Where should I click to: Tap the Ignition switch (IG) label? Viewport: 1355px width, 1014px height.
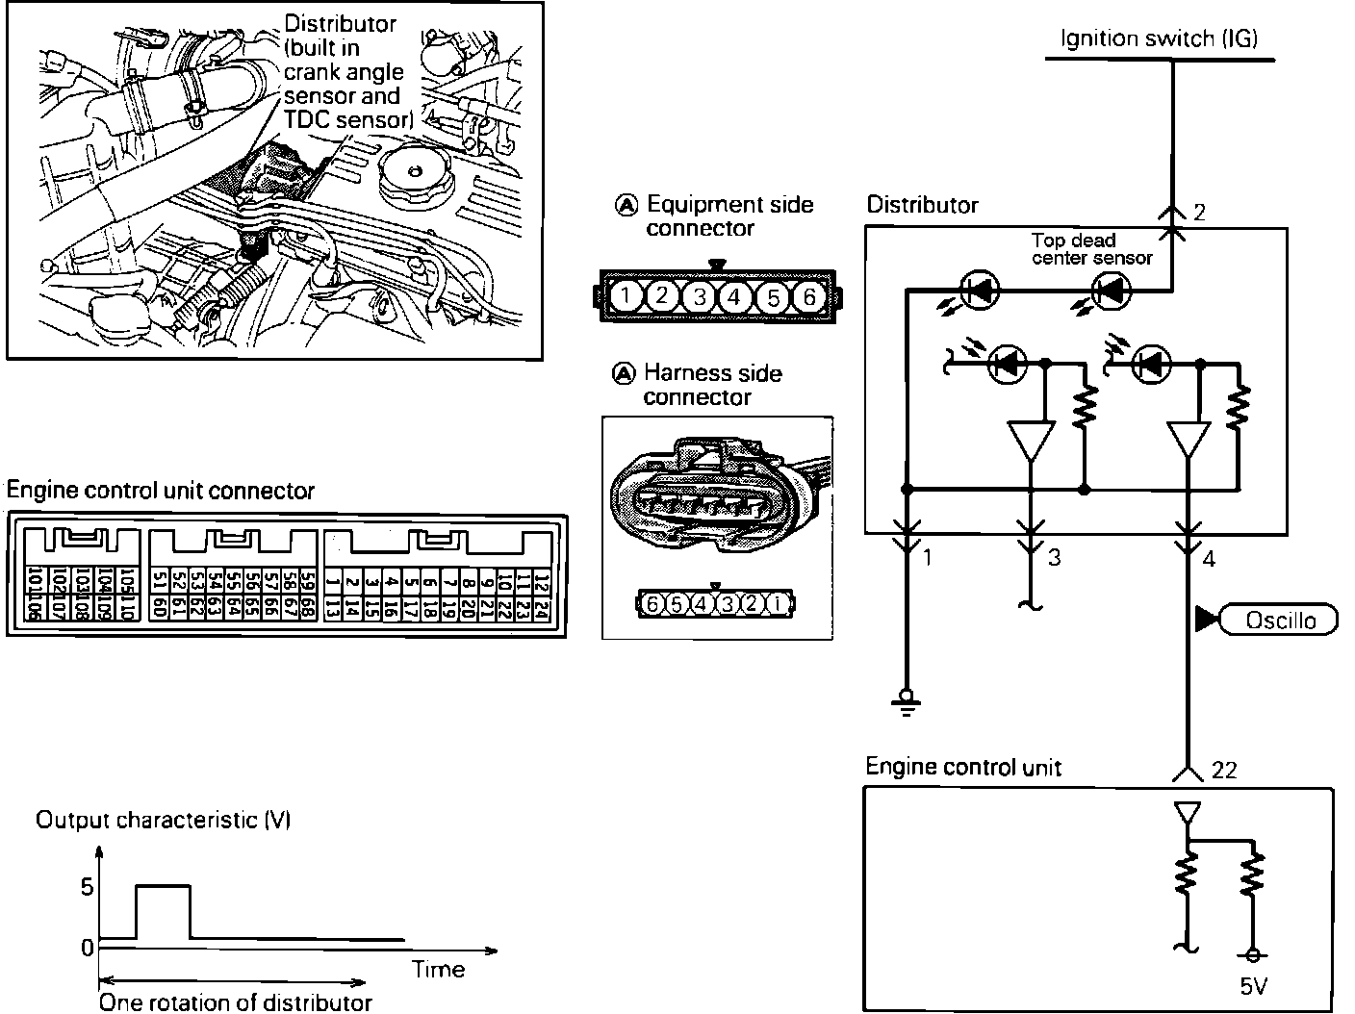click(x=1159, y=38)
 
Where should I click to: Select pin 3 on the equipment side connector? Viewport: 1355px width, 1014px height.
click(x=699, y=297)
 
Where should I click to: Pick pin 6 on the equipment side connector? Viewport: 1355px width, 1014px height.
click(x=809, y=297)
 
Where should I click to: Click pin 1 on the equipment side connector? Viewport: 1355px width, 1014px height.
click(x=625, y=296)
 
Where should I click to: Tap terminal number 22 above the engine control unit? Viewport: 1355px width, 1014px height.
click(x=1225, y=770)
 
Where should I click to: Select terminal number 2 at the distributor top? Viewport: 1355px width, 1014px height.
click(x=1199, y=213)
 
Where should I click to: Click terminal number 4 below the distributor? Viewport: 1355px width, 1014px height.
click(x=1209, y=558)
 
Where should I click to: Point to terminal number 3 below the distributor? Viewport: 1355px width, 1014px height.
click(x=1055, y=557)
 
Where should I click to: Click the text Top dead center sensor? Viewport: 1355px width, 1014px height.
click(x=1090, y=248)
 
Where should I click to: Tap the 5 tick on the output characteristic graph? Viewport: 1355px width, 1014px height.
click(x=87, y=886)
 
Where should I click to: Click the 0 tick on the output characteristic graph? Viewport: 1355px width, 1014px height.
click(x=87, y=948)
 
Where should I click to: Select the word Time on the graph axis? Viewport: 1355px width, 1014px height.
click(x=438, y=970)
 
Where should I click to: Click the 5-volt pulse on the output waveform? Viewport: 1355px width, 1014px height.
click(x=164, y=887)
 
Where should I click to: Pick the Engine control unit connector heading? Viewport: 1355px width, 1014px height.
click(x=161, y=491)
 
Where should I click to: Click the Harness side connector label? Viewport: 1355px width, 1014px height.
click(x=711, y=385)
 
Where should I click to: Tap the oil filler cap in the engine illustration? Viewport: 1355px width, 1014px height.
click(x=415, y=177)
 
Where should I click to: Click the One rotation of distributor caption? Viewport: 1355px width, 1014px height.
click(x=236, y=1002)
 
